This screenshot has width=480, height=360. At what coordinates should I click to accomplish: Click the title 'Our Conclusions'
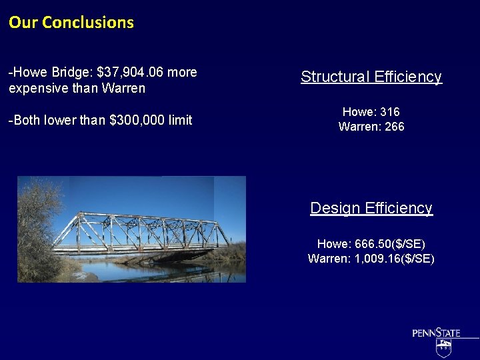pos(71,22)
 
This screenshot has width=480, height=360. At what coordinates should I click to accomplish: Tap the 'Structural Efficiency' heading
pos(371,77)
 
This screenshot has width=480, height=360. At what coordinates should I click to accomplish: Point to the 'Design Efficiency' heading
pos(371,208)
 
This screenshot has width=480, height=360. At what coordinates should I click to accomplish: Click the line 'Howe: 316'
pos(371,112)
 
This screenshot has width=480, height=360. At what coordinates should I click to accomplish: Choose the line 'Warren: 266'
pos(371,127)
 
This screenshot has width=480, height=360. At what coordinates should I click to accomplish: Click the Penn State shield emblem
pos(444,348)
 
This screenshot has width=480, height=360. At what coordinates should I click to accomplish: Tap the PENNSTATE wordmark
pos(436,333)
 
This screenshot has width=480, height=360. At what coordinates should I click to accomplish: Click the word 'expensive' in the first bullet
pos(37,88)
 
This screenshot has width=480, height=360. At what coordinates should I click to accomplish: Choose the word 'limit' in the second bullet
pos(180,120)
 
